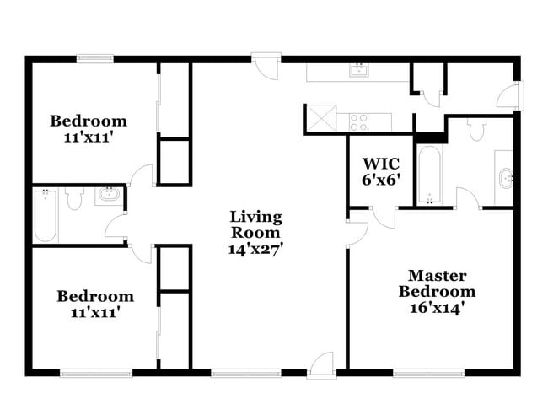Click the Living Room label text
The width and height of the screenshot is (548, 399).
pos(256,224)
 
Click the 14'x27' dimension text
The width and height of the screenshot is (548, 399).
pos(256,249)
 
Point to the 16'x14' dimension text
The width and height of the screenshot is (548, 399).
pos(437,307)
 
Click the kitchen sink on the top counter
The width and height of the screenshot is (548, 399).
pos(359,70)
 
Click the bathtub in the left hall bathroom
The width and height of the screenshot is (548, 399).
pos(45,215)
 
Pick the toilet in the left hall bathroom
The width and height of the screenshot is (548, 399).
pos(74,199)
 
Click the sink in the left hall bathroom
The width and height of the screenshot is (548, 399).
pos(109,197)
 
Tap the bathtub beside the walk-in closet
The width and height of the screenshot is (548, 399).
pos(430,175)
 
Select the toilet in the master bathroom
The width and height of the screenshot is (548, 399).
pos(476,129)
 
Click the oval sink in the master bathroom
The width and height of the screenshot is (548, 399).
pos(505,178)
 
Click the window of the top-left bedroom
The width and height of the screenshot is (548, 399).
pos(94,58)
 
